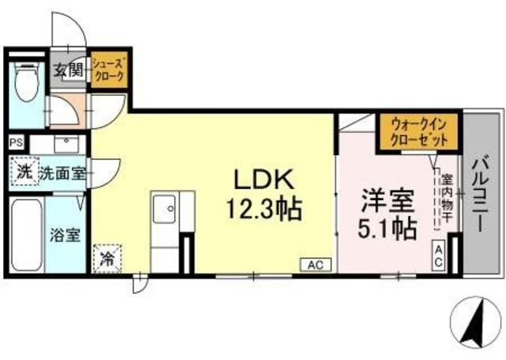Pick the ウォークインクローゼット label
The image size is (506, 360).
(418, 131)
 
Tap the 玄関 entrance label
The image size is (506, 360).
(68, 70)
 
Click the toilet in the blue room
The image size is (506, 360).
(27, 84)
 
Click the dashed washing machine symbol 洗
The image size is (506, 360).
(24, 172)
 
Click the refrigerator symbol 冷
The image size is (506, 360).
(108, 257)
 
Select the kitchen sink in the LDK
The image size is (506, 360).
(167, 209)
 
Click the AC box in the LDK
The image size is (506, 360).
(313, 266)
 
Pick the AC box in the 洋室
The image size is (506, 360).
(438, 255)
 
